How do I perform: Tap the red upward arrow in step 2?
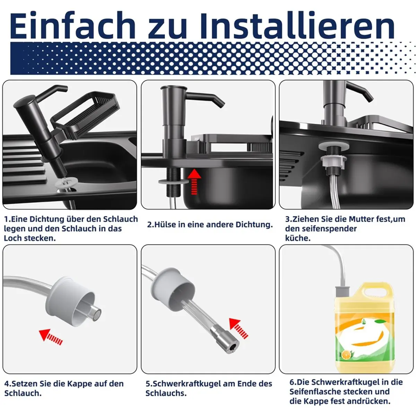click(x=194, y=182)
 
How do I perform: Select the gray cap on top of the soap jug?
click(x=342, y=292)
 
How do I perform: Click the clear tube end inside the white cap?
click(x=95, y=312)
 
